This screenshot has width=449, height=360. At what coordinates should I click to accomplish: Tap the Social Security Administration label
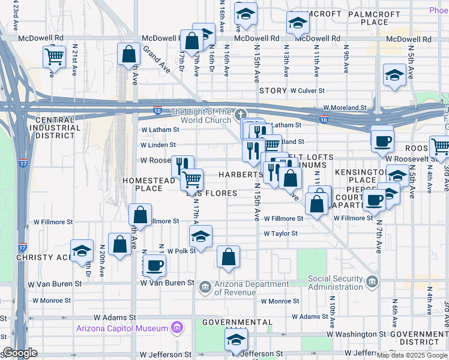coord(336,283)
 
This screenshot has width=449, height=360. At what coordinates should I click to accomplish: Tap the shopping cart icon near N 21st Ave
coord(54,56)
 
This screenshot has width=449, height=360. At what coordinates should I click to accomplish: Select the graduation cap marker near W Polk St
coord(201,235)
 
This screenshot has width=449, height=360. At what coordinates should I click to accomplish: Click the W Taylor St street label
coord(280,233)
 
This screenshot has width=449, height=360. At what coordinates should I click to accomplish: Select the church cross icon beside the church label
coord(240,114)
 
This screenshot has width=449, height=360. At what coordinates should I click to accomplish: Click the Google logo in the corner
coord(20,353)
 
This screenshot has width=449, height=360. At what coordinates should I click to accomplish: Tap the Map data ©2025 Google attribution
coord(412,355)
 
